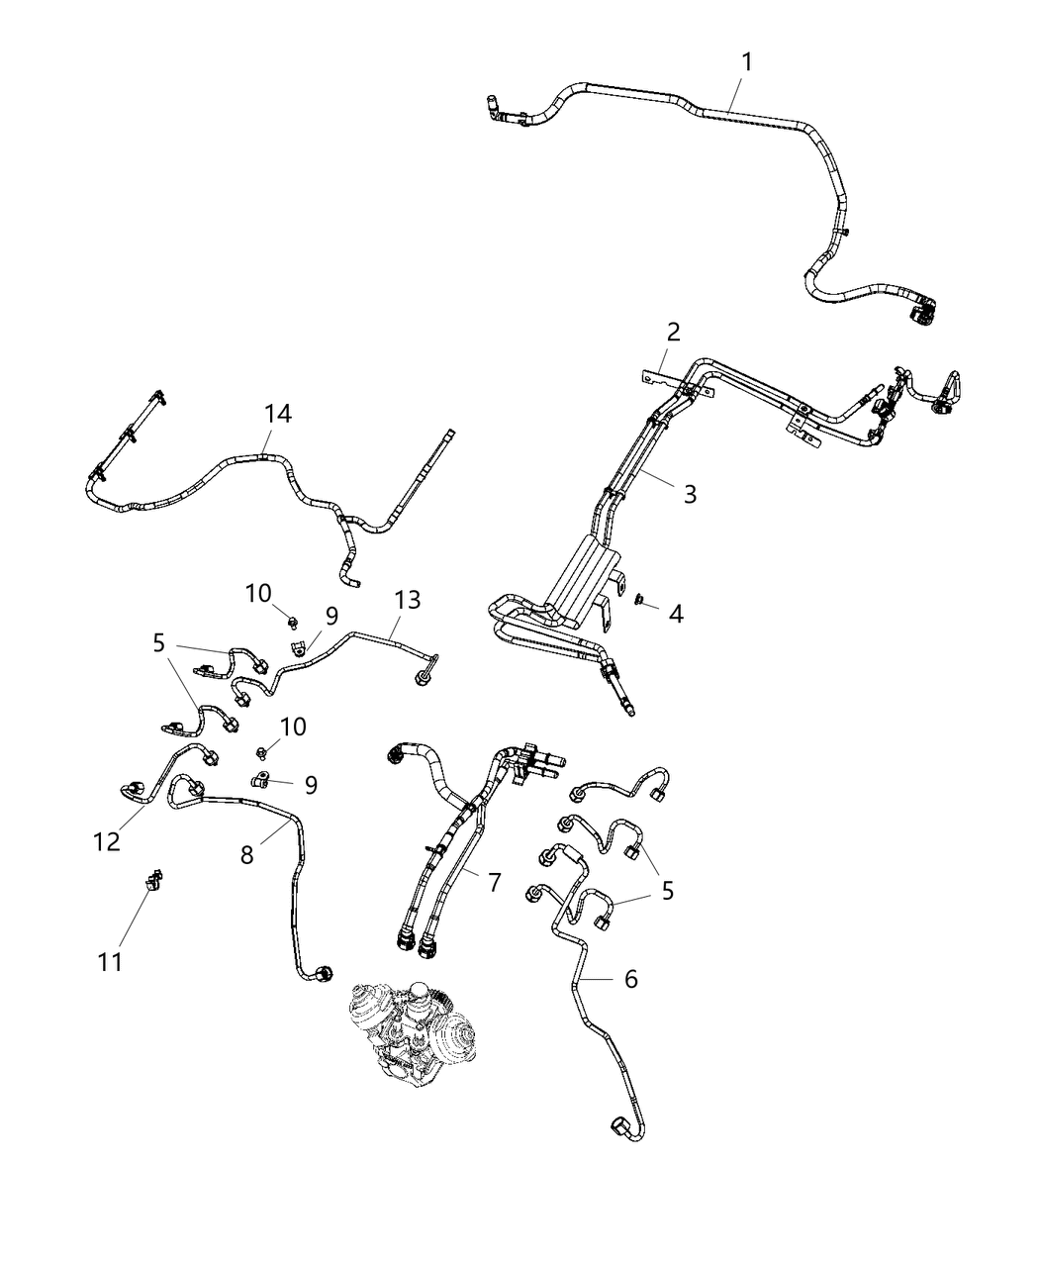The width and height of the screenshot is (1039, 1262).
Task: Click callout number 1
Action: pos(747,62)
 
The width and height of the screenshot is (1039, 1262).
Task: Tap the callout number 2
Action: pos(673,332)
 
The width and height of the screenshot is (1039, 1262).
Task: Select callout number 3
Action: pos(690,493)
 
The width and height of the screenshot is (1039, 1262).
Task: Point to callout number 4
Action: pos(676,614)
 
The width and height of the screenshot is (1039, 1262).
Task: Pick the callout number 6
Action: pos(630,979)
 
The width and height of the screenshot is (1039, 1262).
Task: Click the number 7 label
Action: pos(495,882)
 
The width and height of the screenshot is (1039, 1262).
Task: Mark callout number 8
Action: pos(246,854)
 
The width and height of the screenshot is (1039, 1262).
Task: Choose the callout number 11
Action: pos(110,960)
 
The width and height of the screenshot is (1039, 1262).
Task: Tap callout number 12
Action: pos(107,841)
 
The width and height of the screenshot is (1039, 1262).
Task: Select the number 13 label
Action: pos(407,600)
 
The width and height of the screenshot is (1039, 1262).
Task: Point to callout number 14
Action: pos(278,414)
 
